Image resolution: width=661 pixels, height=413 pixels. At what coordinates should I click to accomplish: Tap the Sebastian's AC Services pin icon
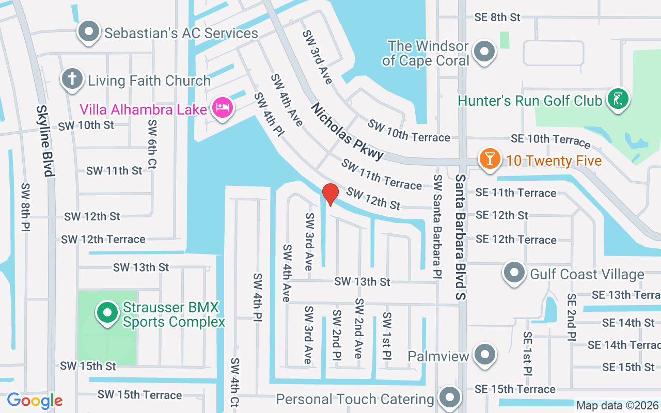[89, 31]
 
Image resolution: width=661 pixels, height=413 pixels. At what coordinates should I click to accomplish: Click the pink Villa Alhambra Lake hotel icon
[223, 108]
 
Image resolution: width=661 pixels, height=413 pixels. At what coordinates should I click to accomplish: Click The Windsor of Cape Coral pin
[484, 52]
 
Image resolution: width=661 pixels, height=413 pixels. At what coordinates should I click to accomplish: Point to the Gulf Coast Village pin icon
[514, 273]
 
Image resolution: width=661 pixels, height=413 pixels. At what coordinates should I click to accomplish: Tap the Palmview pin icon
[484, 355]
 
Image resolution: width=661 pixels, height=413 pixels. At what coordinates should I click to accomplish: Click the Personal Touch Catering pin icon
[449, 398]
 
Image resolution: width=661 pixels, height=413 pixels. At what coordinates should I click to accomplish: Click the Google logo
[35, 401]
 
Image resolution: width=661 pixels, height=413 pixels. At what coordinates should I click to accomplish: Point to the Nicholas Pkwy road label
[348, 131]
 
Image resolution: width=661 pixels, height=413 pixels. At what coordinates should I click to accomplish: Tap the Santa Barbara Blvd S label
[461, 236]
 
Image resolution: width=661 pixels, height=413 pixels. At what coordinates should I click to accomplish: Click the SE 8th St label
[497, 17]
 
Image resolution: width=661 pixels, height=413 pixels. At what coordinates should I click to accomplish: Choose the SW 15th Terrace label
[140, 395]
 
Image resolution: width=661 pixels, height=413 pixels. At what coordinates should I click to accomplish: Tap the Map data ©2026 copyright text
[617, 405]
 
